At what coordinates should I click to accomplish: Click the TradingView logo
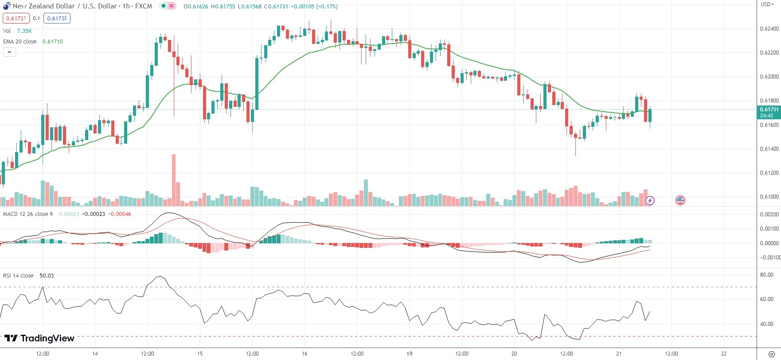(39, 338)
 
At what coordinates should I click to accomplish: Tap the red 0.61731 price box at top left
(16, 18)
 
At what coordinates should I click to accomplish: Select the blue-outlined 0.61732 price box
(57, 18)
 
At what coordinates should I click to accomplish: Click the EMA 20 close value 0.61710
(53, 41)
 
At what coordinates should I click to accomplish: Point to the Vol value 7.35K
(24, 31)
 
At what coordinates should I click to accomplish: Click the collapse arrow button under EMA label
(9, 52)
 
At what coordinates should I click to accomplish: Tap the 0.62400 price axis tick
(769, 29)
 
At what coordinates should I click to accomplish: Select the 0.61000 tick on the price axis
(769, 196)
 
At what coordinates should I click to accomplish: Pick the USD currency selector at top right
(768, 4)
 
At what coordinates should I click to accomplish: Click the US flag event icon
(680, 200)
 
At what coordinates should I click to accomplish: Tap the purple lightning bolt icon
(650, 200)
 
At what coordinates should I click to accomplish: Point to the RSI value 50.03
(47, 275)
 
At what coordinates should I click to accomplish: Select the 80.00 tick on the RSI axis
(767, 275)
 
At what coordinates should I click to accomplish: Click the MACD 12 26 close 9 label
(28, 214)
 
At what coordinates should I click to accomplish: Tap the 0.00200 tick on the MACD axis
(769, 215)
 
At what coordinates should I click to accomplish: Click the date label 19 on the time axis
(409, 353)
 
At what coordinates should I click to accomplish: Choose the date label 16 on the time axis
(305, 353)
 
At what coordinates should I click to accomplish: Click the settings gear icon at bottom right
(771, 354)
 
